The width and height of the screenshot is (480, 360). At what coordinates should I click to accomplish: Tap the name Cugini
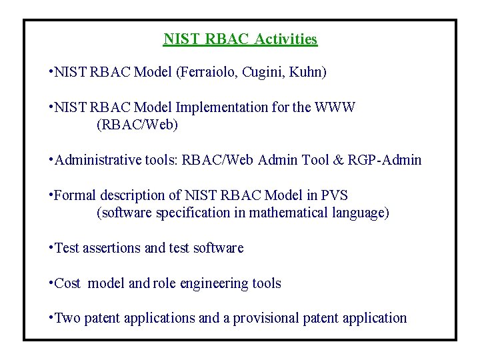point(268,72)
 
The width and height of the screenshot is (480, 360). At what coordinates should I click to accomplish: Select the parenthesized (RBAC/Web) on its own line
point(137,125)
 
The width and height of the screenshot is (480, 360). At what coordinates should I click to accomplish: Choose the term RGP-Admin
point(389,160)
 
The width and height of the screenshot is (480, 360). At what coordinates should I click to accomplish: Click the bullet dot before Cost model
point(51,281)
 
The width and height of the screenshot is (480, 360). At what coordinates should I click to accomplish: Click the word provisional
point(265,319)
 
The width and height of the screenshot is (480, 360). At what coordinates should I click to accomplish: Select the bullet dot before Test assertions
point(51,246)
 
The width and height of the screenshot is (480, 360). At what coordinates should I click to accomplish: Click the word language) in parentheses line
point(365,213)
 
